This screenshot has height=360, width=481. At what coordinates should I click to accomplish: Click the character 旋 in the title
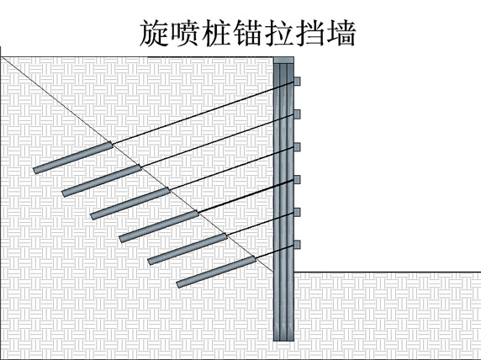(154, 33)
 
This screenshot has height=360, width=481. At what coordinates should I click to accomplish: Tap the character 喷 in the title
(186, 33)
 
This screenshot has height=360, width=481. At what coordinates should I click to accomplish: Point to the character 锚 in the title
(248, 33)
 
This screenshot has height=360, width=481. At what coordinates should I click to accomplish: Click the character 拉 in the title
(279, 33)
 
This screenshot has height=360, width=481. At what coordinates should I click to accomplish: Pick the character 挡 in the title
(310, 33)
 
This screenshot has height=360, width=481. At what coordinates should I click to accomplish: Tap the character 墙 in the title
(341, 33)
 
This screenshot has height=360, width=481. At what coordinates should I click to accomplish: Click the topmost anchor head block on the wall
(297, 82)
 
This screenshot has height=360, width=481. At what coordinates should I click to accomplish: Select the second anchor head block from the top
(297, 114)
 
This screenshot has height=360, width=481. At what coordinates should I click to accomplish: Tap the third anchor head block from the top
(297, 147)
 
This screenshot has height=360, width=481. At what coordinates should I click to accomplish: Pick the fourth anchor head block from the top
(297, 179)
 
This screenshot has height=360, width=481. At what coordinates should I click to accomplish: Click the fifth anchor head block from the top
(297, 212)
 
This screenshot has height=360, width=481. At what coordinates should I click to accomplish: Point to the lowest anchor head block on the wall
(297, 244)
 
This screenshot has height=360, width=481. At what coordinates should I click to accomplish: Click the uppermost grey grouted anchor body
(73, 157)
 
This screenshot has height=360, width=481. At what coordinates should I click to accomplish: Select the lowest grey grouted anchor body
(216, 272)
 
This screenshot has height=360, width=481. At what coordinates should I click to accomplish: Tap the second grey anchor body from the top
(102, 181)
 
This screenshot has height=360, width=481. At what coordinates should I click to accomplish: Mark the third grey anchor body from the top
(130, 204)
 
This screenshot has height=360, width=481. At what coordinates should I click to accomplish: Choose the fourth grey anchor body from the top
(159, 226)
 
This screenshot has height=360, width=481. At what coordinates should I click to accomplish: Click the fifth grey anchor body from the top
(188, 249)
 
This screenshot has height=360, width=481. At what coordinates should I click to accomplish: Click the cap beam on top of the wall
(283, 61)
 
